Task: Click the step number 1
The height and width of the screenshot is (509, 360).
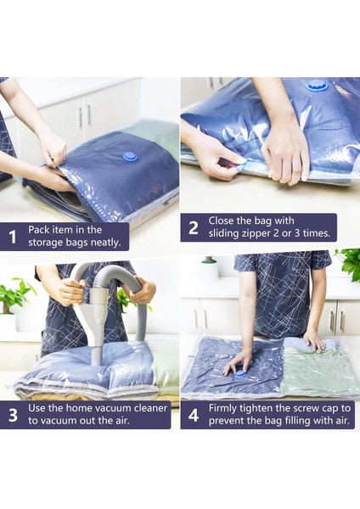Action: (x=13, y=237)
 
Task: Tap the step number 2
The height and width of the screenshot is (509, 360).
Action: (x=193, y=228)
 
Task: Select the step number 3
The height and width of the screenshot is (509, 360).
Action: (x=13, y=415)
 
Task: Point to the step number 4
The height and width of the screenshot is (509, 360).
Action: (x=194, y=415)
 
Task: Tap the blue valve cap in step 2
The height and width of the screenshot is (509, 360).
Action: (x=318, y=87)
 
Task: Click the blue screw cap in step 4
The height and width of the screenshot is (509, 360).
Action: (x=242, y=375)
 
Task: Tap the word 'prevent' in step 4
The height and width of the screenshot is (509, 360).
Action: (x=226, y=421)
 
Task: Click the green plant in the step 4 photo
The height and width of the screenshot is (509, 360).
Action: (x=349, y=264)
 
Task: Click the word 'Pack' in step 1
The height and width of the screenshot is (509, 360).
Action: (x=37, y=230)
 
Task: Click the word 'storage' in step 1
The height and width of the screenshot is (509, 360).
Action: (x=44, y=243)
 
